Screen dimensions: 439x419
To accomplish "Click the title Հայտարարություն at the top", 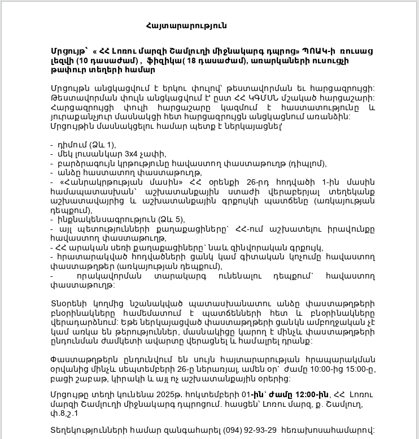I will [x=186, y=26].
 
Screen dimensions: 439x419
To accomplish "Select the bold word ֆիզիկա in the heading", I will [x=164, y=61].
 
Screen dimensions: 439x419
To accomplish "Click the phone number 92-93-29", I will [x=259, y=430].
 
